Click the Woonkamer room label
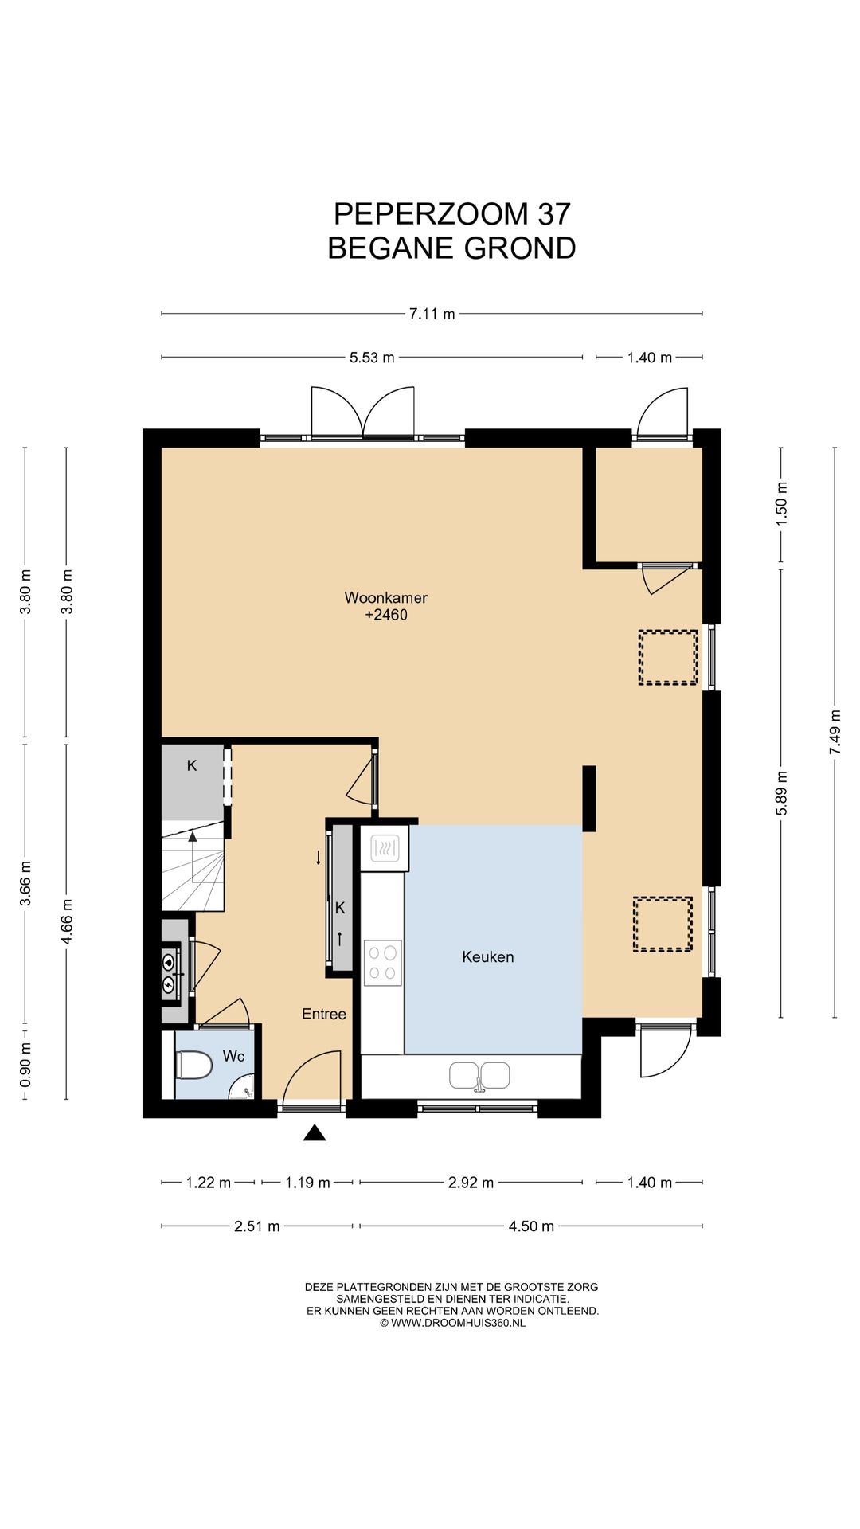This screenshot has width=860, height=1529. click(x=386, y=597)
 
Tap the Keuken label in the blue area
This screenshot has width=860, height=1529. click(x=488, y=957)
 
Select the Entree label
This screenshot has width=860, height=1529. click(x=324, y=1014)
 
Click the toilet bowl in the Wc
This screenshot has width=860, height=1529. click(x=194, y=1065)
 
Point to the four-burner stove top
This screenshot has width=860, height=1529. click(x=383, y=963)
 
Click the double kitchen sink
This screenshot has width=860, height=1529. click(x=479, y=1076)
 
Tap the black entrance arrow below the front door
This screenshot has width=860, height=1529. click(x=315, y=1132)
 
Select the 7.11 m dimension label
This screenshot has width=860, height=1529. click(x=432, y=314)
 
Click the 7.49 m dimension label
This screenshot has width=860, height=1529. click(x=835, y=732)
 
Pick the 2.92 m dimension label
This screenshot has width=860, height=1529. click(x=471, y=1183)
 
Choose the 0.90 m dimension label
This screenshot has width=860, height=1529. click(x=25, y=1065)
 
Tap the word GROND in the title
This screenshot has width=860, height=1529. click(x=520, y=248)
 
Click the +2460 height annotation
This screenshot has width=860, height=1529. click(x=386, y=615)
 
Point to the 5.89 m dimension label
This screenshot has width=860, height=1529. click(x=782, y=793)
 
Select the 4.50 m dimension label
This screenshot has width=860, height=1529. click(x=531, y=1226)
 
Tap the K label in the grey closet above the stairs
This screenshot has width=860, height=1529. click(x=192, y=766)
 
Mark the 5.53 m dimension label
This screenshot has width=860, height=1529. click(x=372, y=358)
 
